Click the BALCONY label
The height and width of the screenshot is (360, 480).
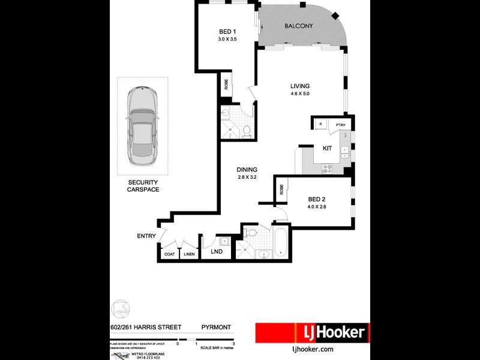coord(299,26)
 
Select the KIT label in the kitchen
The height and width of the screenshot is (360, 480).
coord(327,148)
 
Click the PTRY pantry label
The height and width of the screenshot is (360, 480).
coord(341,125)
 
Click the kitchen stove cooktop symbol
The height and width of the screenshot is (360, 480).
coord(328,169)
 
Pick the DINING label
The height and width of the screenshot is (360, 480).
coord(247,170)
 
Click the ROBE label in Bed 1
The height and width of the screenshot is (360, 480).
coord(226,85)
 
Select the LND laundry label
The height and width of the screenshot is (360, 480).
coord(216,251)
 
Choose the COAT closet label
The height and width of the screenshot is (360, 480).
coord(170,254)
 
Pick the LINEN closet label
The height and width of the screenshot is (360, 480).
coord(189,254)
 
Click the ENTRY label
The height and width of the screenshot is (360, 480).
coord(146,236)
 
